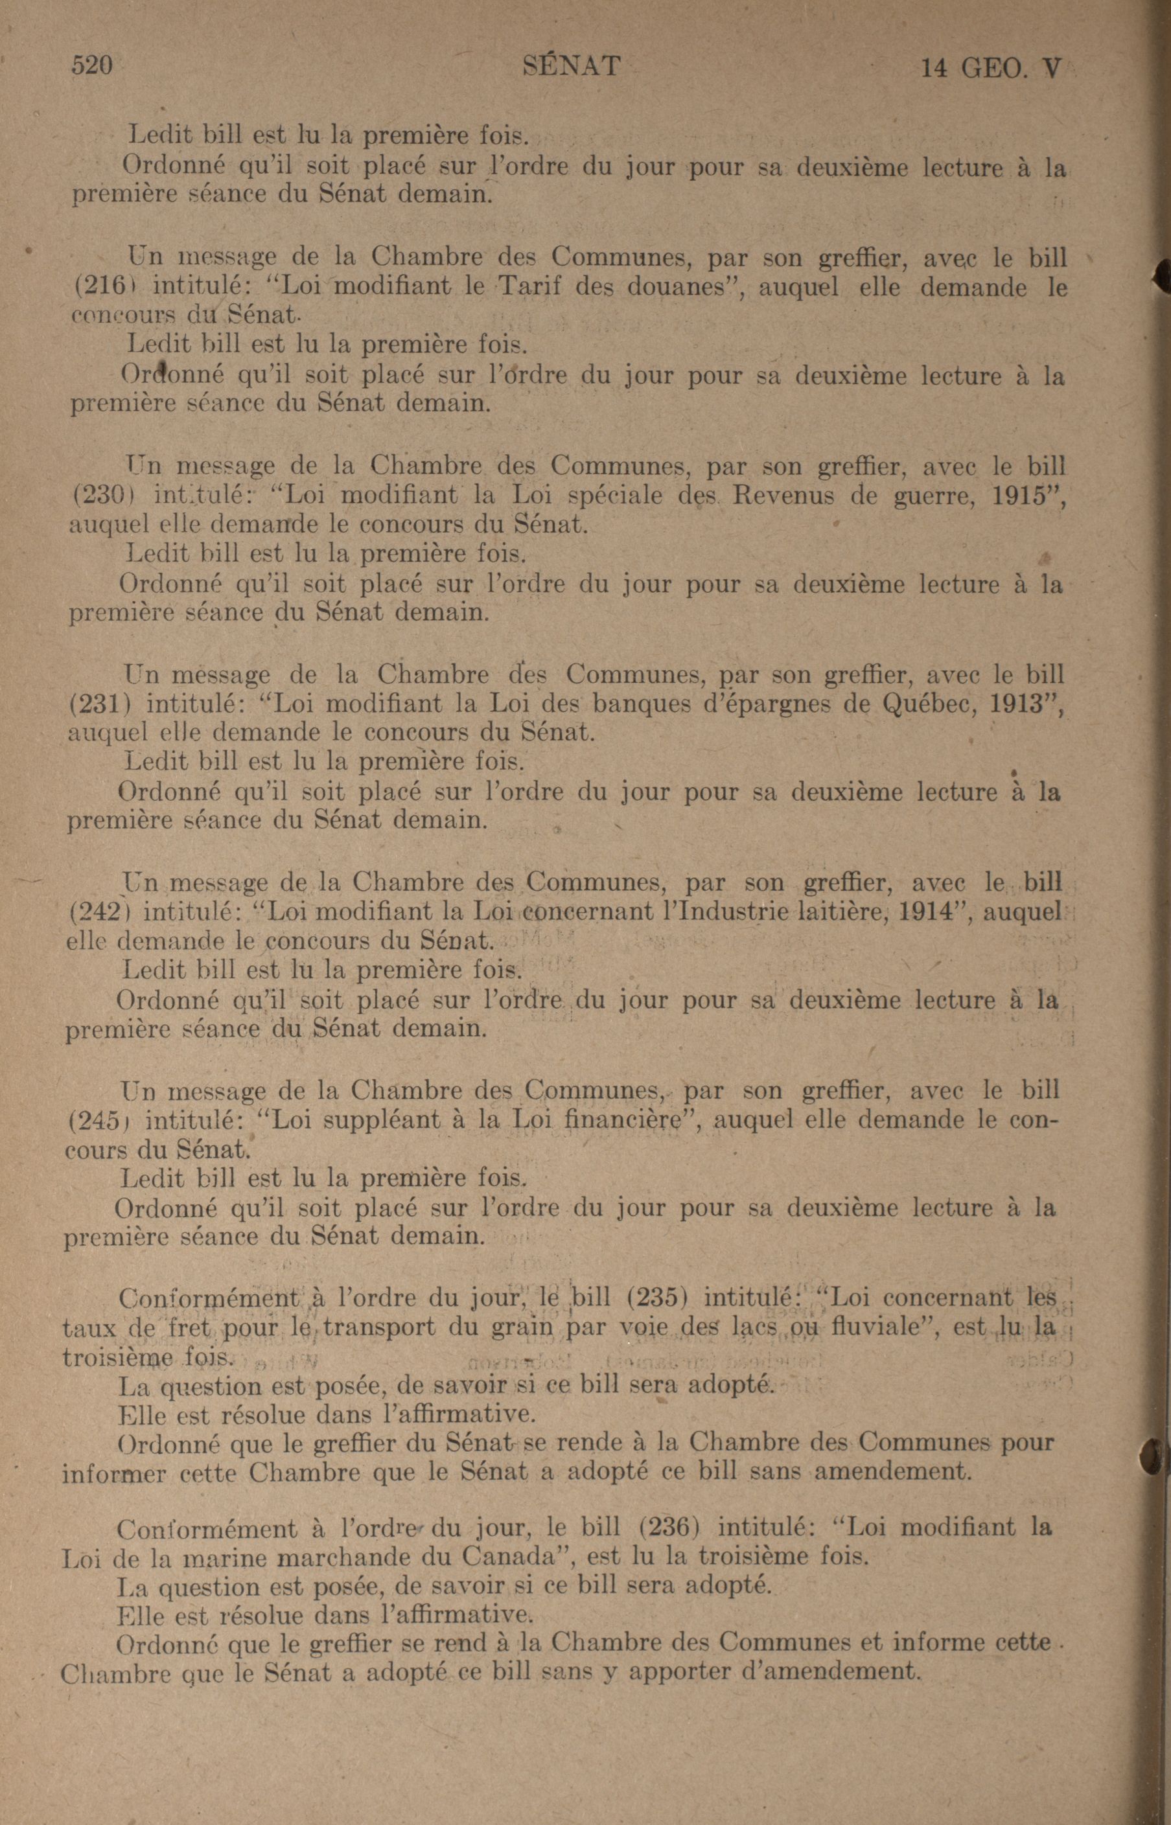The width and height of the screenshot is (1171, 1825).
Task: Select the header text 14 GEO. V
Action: point(990,69)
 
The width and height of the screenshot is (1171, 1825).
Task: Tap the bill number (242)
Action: point(97,912)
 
